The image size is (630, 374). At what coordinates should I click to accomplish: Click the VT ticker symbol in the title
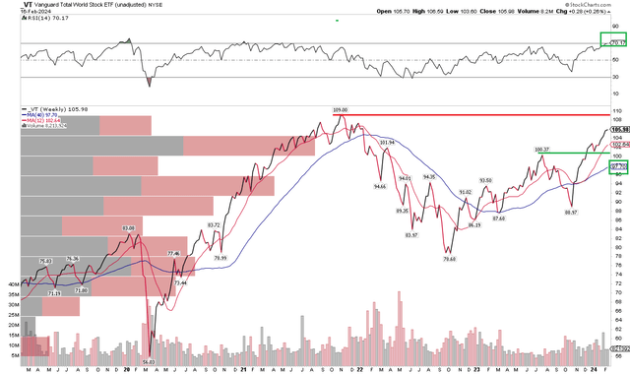[x=13, y=5]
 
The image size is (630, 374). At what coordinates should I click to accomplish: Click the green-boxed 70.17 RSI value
[x=618, y=43]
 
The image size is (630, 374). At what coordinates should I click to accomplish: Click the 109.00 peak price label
[x=340, y=109]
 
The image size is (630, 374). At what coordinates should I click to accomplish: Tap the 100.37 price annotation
[x=541, y=149]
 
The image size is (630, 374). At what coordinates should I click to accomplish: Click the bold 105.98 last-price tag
[x=619, y=129]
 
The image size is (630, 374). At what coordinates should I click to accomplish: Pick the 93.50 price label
[x=485, y=180]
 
